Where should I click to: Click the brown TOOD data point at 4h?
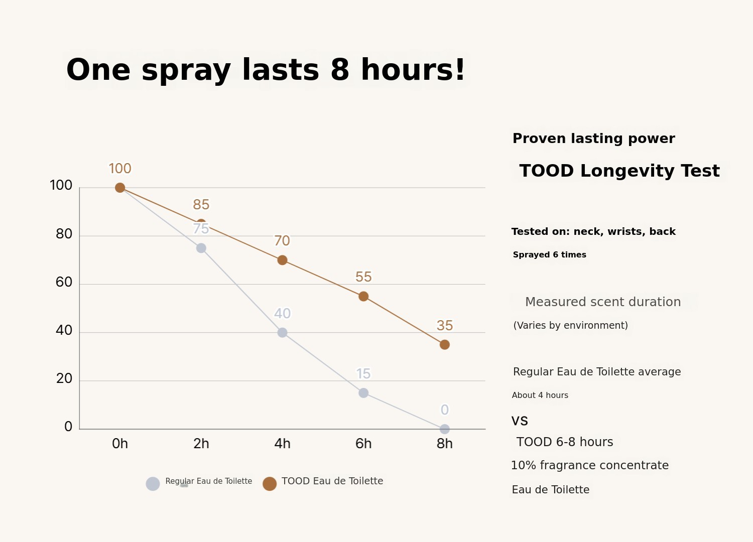[x=282, y=260]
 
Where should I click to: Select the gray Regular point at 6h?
[x=363, y=393]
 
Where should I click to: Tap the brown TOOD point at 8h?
[x=444, y=345]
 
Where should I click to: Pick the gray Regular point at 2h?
[x=201, y=248]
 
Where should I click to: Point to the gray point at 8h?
[x=444, y=429]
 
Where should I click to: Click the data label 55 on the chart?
[x=363, y=277]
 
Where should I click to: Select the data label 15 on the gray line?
[x=363, y=374]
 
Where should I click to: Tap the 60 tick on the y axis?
[x=64, y=282]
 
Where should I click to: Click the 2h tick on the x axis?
[x=201, y=444]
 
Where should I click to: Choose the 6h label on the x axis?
[x=363, y=444]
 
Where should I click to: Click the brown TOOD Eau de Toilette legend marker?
[x=270, y=484]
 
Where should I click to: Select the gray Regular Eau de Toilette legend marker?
[x=153, y=484]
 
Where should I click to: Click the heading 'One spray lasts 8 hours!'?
[x=266, y=70]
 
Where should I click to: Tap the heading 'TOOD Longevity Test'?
[x=619, y=171]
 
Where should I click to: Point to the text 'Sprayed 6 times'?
[x=549, y=255]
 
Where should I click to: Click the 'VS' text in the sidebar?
[x=520, y=421]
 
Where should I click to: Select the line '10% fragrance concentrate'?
[x=589, y=466]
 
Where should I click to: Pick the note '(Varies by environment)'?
[x=570, y=326]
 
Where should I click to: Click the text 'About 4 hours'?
[x=540, y=395]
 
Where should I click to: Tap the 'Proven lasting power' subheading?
[x=593, y=139]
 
